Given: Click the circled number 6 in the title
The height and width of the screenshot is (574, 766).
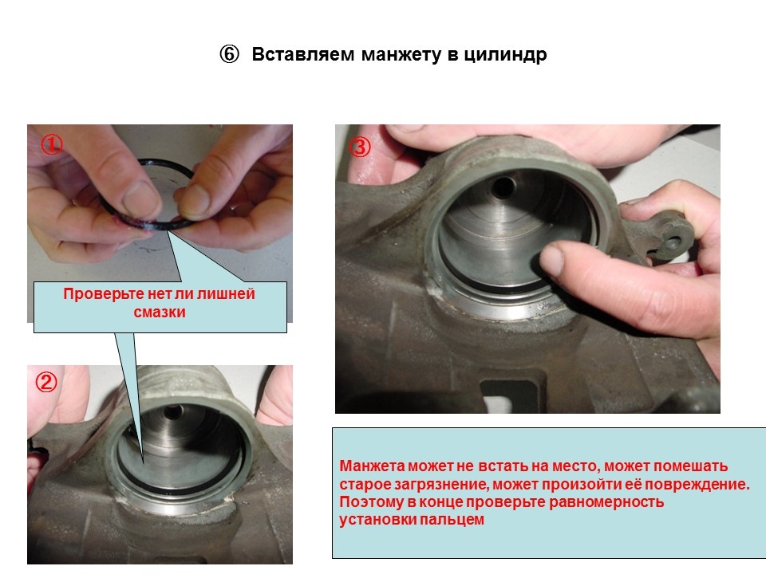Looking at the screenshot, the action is click(x=229, y=54).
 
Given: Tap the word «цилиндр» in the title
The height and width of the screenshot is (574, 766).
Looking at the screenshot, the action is click(x=505, y=55).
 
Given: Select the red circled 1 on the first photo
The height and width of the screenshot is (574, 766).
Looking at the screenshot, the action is click(x=51, y=144).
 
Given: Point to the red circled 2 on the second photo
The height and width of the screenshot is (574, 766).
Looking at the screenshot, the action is click(x=46, y=382).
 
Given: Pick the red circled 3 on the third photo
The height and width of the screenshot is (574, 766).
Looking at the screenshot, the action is click(x=360, y=147).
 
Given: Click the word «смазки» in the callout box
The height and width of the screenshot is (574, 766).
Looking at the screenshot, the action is click(x=160, y=312).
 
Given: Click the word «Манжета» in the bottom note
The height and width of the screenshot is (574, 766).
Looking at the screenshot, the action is click(x=373, y=466).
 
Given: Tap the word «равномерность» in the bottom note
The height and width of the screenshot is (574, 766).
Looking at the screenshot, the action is click(x=606, y=502).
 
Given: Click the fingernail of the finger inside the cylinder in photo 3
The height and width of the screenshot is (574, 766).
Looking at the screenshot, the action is click(x=552, y=260).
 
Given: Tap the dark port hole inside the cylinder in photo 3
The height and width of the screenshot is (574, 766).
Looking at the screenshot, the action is click(x=503, y=187).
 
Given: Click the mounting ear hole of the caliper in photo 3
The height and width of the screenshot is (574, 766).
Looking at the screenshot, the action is click(x=673, y=241).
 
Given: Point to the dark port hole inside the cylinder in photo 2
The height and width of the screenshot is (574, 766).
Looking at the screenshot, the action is click(x=172, y=412).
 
